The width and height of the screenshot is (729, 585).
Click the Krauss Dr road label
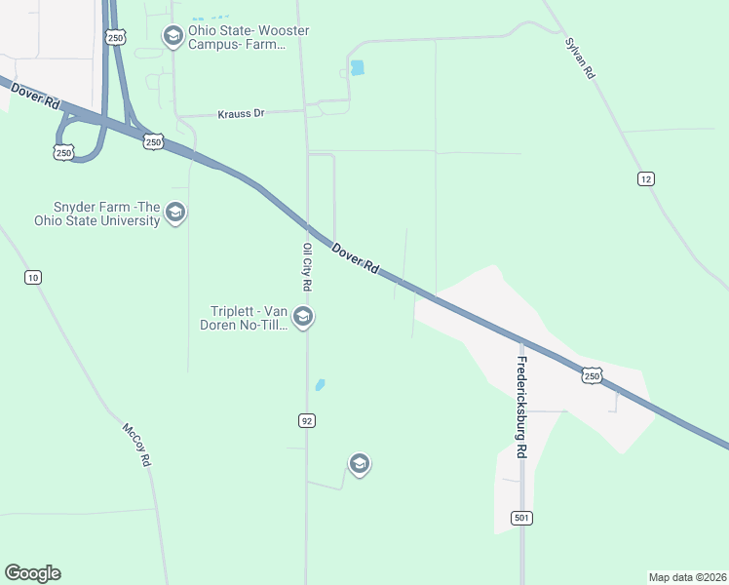pos(239,113)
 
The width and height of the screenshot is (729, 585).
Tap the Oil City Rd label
pos(306,267)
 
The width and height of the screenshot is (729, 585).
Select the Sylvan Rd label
pos(579,59)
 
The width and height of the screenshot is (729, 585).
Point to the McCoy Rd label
pos(136,444)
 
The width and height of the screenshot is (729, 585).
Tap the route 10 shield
pos(33,278)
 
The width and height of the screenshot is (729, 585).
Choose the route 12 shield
pos(645,178)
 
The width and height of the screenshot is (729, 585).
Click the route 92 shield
pos(306,420)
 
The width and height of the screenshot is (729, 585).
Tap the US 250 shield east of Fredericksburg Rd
pos(592,375)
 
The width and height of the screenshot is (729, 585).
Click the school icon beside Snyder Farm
pos(175,213)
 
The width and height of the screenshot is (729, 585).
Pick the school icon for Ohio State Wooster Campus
pos(173,37)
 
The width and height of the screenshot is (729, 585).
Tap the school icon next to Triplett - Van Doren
pos(303,317)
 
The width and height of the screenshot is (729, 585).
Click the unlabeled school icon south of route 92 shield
pos(359,463)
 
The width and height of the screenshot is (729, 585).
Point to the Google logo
pos(32,573)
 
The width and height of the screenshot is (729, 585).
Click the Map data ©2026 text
pos(687,576)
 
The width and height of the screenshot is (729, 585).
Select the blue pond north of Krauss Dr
pos(357,68)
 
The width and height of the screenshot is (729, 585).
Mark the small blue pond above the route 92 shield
pos(320,385)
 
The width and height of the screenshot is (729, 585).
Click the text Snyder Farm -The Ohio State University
pos(107,214)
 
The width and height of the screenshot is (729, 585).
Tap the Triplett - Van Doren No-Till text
pos(249,318)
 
